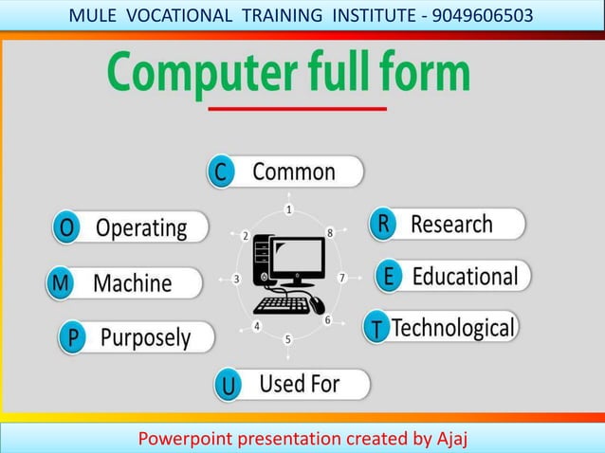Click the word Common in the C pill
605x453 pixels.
(293, 172)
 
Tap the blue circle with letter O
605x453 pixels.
(66, 228)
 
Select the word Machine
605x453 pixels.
(133, 282)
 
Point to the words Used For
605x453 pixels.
(299, 384)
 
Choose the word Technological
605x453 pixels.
(453, 328)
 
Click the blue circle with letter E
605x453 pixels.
(388, 277)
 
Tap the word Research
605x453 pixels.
(451, 225)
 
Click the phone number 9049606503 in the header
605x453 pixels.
(482, 15)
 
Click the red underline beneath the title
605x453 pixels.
(297, 109)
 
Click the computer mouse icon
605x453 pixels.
(316, 304)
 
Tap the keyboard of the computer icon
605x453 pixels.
(282, 305)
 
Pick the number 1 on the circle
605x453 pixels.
(289, 208)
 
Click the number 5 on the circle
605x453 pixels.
(288, 338)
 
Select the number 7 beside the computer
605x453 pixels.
(342, 278)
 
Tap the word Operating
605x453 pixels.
(141, 228)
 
